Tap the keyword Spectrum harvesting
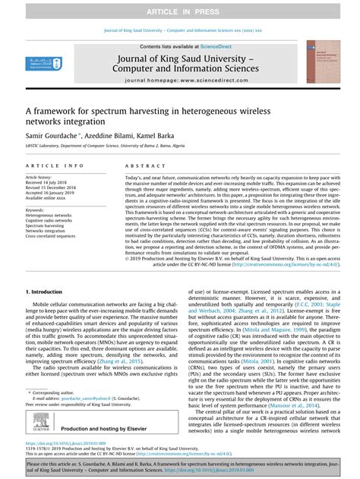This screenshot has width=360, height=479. pos(44,225)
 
